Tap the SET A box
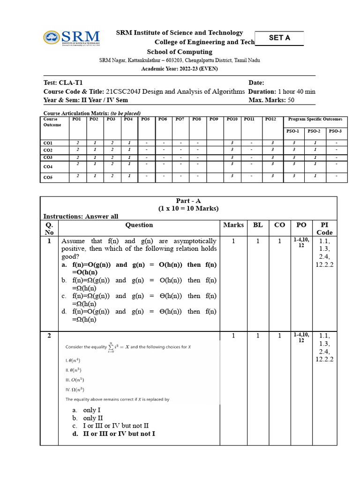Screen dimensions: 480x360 pyautogui.click(x=279, y=38)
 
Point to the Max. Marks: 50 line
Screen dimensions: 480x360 pyautogui.click(x=271, y=100)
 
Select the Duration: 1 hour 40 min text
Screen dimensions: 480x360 pyautogui.click(x=282, y=91)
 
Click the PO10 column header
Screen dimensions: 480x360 pyautogui.click(x=232, y=120)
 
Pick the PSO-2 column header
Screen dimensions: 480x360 pyautogui.click(x=314, y=131)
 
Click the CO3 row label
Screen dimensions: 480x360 pyautogui.click(x=48, y=157)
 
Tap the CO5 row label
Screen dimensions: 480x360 pyautogui.click(x=48, y=178)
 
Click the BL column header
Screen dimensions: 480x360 pyautogui.click(x=258, y=225)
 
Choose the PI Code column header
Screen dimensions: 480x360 pyautogui.click(x=324, y=229)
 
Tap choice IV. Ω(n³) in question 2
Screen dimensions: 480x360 pyautogui.click(x=75, y=389)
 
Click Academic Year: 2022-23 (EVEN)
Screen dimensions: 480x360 pyautogui.click(x=180, y=69)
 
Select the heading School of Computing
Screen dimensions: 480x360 pyautogui.click(x=180, y=52)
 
